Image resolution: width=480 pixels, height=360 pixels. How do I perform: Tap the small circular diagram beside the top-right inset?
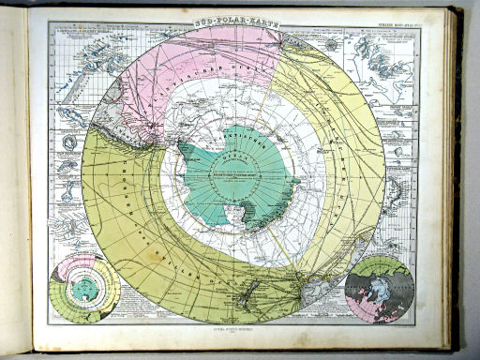pyautogui.click(x=334, y=42)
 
